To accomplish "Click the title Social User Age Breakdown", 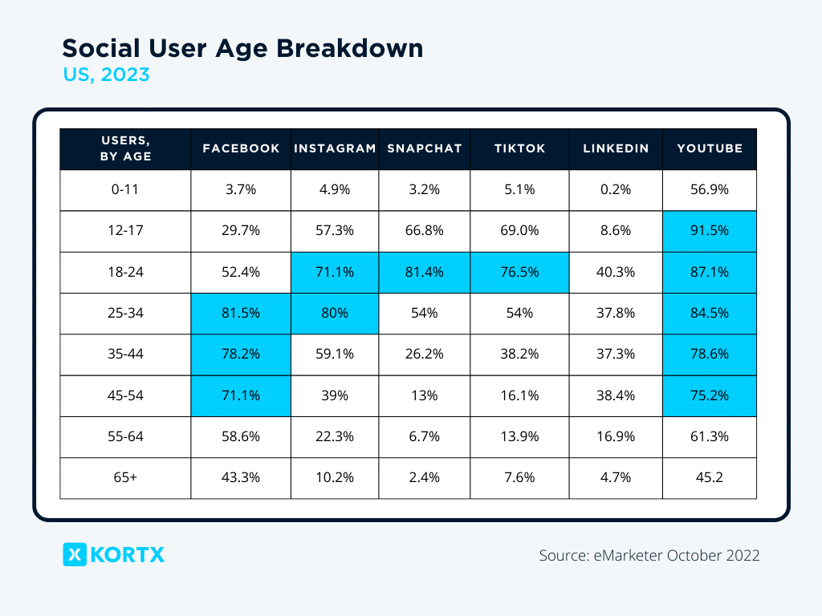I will (x=242, y=48).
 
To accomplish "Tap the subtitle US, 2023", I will (x=106, y=75).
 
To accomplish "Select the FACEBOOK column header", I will (x=241, y=148).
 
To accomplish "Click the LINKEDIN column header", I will (x=616, y=148).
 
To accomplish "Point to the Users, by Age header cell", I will (x=125, y=148).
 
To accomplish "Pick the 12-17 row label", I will (x=125, y=231).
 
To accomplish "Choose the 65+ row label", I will (x=125, y=478).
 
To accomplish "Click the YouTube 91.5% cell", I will (x=710, y=231).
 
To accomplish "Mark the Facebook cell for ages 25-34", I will (x=241, y=314).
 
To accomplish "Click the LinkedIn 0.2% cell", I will (x=616, y=190).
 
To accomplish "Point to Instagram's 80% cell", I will (x=334, y=314).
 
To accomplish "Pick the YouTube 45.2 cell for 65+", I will (x=710, y=478).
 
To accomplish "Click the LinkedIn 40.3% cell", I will (x=616, y=272).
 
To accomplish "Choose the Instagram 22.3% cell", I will (x=334, y=437).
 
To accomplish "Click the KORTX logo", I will (x=114, y=554).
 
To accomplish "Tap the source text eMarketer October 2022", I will (x=649, y=555).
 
